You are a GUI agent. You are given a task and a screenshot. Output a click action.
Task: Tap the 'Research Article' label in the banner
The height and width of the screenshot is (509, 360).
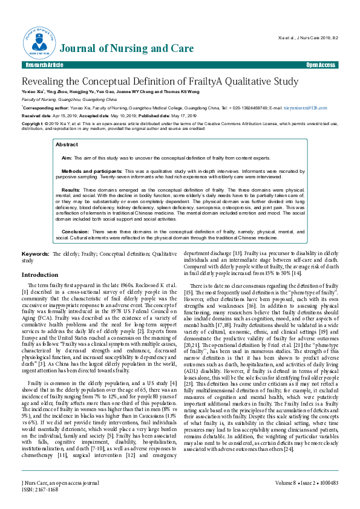click(44, 65)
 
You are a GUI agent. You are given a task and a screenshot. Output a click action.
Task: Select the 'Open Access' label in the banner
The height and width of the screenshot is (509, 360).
click(320, 65)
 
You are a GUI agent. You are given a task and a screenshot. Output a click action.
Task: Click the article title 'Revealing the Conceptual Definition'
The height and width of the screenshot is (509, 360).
click(160, 82)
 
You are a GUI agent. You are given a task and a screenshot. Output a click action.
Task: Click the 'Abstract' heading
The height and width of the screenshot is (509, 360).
click(67, 145)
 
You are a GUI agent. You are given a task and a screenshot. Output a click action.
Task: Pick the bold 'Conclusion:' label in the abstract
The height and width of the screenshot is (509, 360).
click(76, 232)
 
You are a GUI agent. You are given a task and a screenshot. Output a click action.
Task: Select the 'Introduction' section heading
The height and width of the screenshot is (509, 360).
click(40, 274)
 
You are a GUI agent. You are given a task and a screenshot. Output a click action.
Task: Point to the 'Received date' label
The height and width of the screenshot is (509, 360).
click(36, 115)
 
